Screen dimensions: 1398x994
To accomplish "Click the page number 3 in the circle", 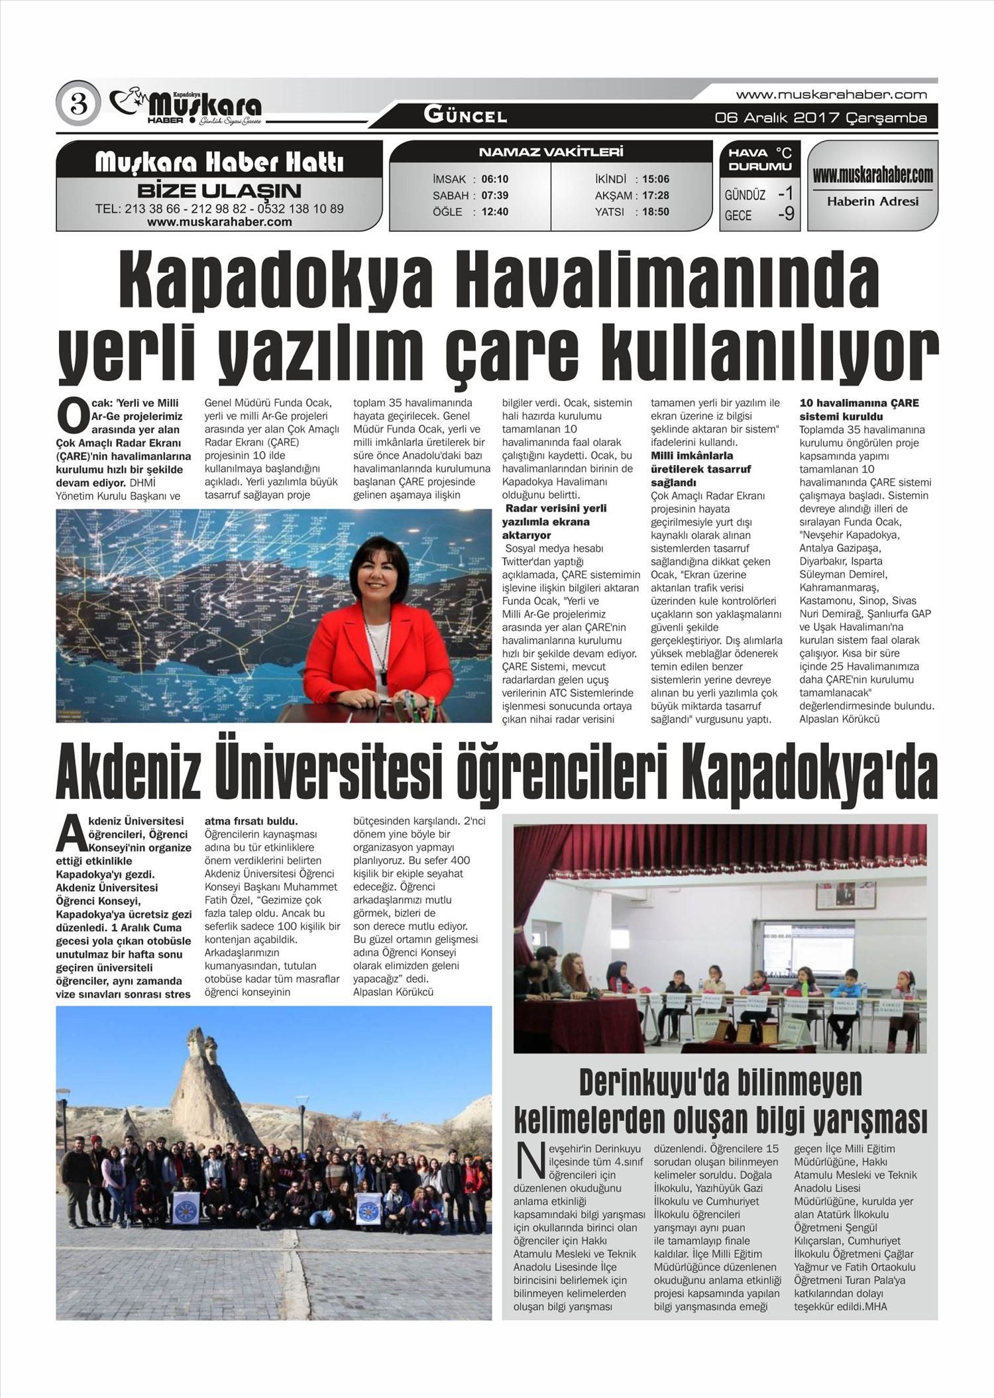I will coord(78,103).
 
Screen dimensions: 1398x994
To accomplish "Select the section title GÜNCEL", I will coord(465,116).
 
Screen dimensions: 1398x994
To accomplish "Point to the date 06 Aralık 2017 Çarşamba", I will coord(820,118).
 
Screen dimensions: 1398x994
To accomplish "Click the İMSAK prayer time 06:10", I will coord(494,179).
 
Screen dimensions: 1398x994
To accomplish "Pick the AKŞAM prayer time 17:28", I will coord(655,195).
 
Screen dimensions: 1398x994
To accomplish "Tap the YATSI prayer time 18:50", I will coord(655,212).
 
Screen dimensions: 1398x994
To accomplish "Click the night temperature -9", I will coord(785,214).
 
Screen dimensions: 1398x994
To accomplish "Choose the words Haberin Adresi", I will coord(872,201).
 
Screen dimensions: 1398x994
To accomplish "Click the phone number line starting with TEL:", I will coord(219,209).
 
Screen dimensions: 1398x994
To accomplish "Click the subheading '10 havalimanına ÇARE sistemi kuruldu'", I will coord(859,409).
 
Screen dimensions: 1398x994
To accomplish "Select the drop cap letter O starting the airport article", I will coord(72,415).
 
